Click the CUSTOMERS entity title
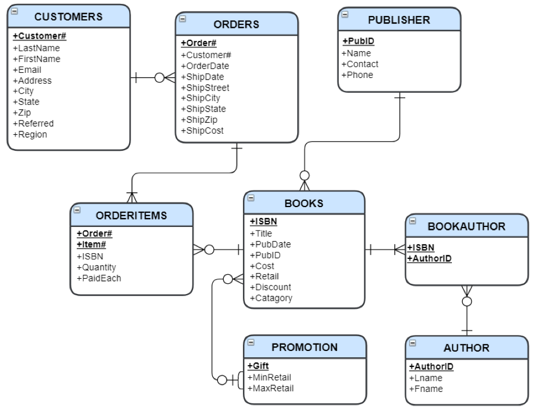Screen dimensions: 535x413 click(x=68, y=16)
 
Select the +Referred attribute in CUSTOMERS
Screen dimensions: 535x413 click(x=33, y=123)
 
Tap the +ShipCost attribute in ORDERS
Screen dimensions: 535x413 click(x=202, y=131)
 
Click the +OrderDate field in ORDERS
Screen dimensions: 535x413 click(x=205, y=66)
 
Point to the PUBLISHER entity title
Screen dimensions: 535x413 click(x=399, y=20)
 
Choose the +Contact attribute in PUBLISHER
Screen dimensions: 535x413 click(x=360, y=64)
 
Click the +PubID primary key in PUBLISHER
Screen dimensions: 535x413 click(x=358, y=41)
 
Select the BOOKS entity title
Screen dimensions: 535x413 click(x=304, y=203)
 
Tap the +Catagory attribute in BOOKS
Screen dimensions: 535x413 click(x=271, y=298)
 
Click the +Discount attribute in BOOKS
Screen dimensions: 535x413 click(x=270, y=287)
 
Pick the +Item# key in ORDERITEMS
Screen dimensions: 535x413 click(x=91, y=245)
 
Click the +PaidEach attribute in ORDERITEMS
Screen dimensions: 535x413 click(x=98, y=278)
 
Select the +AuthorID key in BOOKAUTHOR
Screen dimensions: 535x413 click(x=429, y=258)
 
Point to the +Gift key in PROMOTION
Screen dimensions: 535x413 click(x=258, y=366)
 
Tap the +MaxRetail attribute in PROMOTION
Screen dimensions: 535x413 click(x=270, y=389)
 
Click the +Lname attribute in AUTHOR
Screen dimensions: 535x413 click(x=426, y=378)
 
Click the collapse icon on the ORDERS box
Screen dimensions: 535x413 click(x=183, y=19)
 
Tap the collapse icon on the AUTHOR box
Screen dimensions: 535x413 click(x=413, y=343)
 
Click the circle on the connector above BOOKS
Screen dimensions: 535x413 click(x=304, y=176)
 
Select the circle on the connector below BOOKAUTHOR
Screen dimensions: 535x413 click(x=467, y=302)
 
